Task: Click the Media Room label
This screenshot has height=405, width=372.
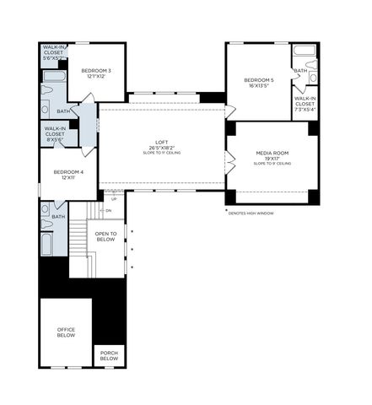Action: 272,153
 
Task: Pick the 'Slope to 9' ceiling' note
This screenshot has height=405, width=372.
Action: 272,163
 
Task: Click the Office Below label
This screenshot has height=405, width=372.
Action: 66,332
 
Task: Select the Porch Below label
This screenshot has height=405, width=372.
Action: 109,355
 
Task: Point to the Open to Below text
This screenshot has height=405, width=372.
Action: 105,236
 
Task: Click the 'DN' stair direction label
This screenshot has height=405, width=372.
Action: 108,210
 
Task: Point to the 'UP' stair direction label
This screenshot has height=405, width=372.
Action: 102,199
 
